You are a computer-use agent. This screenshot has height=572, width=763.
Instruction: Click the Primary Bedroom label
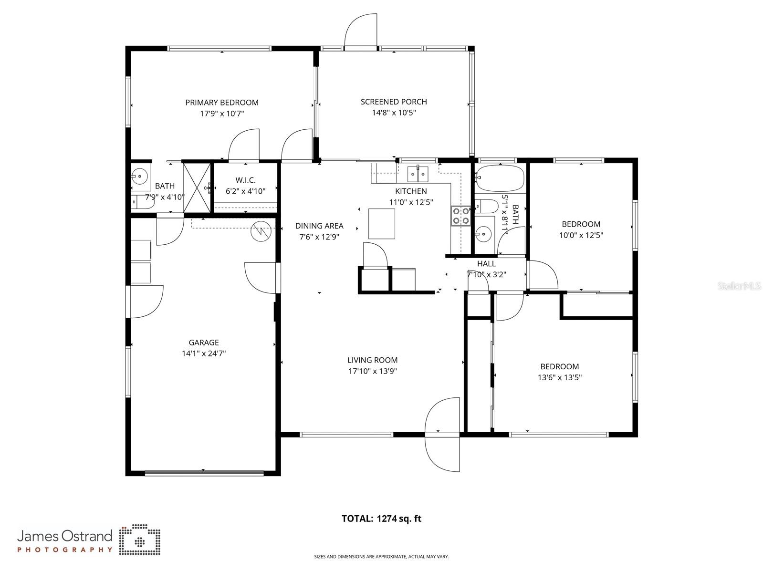pos(221,102)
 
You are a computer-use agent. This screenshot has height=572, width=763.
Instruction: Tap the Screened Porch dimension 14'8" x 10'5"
pos(394,113)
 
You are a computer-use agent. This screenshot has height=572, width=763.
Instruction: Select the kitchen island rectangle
pos(381,224)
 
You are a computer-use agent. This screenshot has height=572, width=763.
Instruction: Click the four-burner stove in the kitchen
pos(460,215)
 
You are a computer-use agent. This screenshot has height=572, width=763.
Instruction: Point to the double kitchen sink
pos(418,174)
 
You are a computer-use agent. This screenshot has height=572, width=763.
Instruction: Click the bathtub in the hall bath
pos(500,178)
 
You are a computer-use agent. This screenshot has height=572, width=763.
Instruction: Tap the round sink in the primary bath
pos(140,177)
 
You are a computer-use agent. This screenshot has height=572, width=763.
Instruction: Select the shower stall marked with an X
pos(197,187)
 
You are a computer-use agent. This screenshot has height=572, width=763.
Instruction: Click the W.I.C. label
pos(245,180)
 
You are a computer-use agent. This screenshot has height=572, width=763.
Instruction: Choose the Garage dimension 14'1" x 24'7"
pos(203,354)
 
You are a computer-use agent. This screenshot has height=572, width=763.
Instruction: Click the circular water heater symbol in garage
pos(261,231)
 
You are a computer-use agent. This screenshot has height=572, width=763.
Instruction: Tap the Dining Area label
pos(319,226)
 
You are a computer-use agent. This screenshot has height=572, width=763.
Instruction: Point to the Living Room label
pos(372,360)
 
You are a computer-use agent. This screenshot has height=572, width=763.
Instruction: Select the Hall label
pos(486,263)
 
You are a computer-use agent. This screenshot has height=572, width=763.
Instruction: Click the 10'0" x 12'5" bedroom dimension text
pos(581,235)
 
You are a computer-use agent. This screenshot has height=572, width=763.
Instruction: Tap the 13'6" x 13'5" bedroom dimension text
pos(559,377)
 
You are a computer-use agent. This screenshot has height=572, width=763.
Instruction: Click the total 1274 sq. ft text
pos(381,519)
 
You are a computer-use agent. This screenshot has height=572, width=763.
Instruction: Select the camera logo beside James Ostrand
pos(139,540)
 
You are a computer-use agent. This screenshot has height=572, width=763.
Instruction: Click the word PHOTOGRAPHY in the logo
pos(65,550)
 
